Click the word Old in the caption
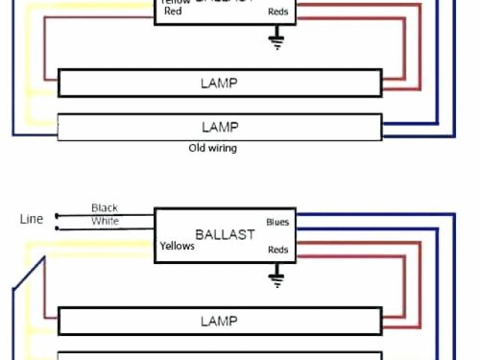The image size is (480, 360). click(196, 148)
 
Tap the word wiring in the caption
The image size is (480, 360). click(222, 148)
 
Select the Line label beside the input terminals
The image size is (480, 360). click(31, 219)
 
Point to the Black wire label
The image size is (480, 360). click(104, 208)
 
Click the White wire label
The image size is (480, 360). click(104, 221)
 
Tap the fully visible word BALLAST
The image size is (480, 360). click(225, 234)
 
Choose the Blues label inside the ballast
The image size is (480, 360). click(277, 222)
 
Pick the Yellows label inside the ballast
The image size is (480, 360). click(178, 246)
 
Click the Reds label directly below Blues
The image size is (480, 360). click(278, 250)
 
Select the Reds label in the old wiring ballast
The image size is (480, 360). click(278, 12)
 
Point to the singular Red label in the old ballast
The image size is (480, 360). click(172, 11)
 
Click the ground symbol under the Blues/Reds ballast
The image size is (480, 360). click(277, 279)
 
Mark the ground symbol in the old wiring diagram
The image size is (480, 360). click(277, 40)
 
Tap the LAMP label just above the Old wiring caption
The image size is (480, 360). click(219, 127)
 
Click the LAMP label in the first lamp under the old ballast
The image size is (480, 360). click(219, 82)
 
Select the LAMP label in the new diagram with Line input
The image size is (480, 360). click(219, 321)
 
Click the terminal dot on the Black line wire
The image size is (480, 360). click(57, 214)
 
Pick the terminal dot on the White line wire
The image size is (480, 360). click(57, 226)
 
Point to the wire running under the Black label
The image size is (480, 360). click(105, 214)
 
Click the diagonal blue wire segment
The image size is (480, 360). click(28, 274)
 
